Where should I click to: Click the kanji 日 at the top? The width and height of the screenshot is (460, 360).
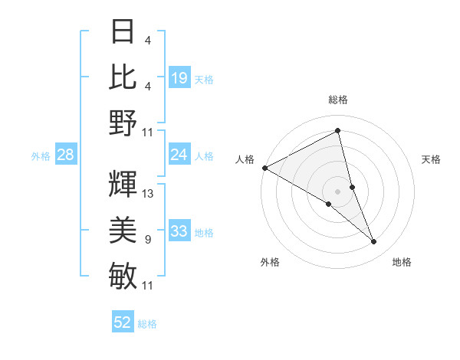[123, 31]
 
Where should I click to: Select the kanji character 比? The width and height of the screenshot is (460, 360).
[123, 77]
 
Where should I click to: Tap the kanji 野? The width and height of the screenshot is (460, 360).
[123, 123]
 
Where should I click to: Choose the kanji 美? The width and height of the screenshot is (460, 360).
[123, 230]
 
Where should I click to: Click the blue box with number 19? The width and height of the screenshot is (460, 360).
[179, 77]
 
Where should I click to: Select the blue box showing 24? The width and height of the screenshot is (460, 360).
[179, 155]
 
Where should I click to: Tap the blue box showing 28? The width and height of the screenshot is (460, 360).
[65, 155]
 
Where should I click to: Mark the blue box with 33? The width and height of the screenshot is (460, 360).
[179, 231]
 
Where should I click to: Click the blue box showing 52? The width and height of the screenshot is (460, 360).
[123, 322]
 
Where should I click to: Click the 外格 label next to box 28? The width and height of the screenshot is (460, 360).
[41, 155]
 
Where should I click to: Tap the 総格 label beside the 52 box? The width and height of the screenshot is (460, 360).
[148, 323]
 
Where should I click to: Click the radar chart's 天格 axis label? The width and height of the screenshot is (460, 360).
[431, 159]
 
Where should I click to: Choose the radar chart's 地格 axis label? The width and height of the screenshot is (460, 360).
[402, 262]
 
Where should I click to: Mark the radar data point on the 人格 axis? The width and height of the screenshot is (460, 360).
[264, 168]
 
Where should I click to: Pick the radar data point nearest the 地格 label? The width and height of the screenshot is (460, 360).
[374, 242]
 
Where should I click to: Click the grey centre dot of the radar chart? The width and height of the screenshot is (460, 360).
[338, 191]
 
